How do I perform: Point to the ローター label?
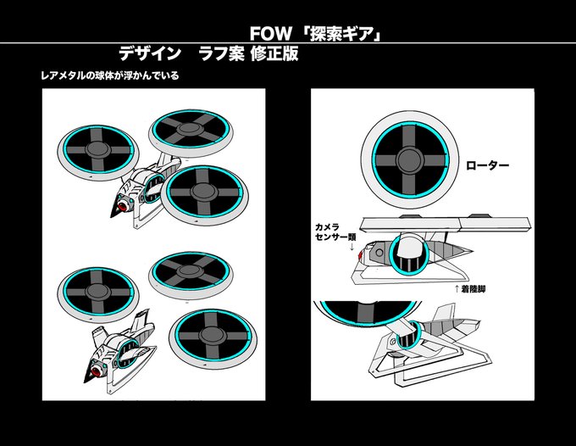pos(488,165)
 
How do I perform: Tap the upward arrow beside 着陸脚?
pos(458,289)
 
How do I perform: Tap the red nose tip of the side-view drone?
pos(360,254)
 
